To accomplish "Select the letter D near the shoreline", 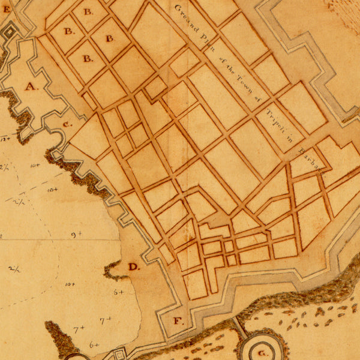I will [133, 266].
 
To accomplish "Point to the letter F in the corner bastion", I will [178, 320].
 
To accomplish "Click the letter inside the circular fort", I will [262, 353].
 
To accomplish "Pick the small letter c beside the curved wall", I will [67, 124].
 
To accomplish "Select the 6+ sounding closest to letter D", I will [119, 292].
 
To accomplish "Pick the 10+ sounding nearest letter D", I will [70, 284].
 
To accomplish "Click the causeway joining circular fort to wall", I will [238, 327].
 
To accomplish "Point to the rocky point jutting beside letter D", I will [114, 272].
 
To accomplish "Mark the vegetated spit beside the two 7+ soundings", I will [61, 339].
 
